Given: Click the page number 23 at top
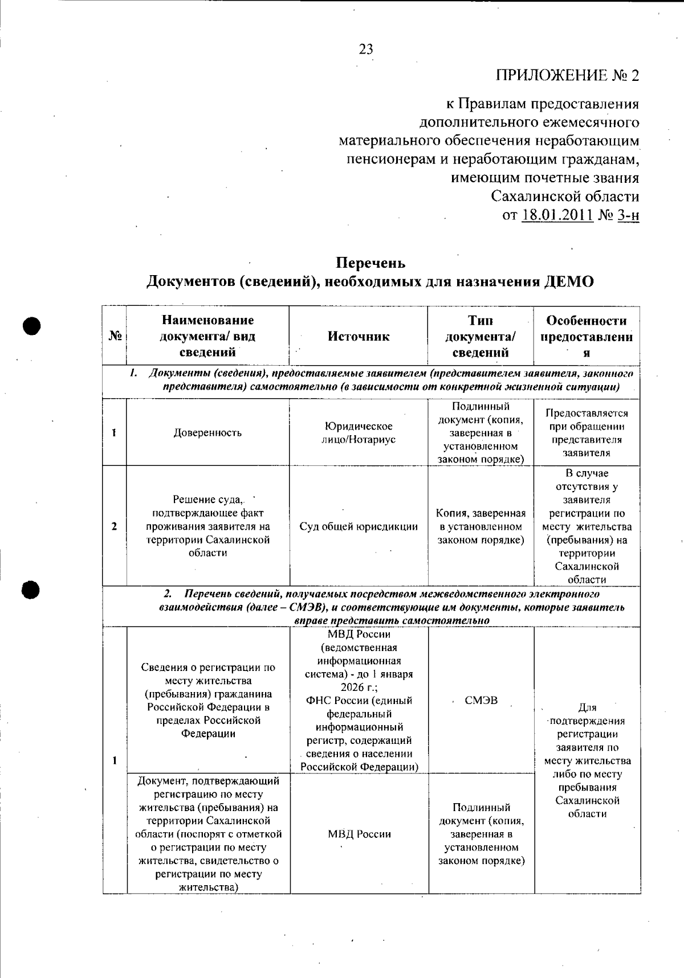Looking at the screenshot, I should (366, 50).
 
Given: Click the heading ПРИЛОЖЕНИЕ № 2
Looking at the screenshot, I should (567, 76).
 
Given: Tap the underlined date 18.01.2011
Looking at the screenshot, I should (557, 216).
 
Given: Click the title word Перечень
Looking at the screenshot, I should (370, 263).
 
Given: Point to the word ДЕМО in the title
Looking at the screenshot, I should (569, 282).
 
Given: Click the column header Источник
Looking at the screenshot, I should (359, 337).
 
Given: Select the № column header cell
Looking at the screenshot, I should (115, 337).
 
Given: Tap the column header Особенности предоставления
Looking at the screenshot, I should (587, 336).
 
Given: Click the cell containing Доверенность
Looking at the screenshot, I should (207, 433).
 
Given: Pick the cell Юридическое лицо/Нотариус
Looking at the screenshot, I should (359, 433).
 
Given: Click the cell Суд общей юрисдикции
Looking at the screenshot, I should (359, 527).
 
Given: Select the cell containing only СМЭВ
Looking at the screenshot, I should (481, 701).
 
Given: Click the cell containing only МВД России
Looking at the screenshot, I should (359, 834).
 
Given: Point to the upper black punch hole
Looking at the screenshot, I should (34, 325).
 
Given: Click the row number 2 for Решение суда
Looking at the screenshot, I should (115, 526).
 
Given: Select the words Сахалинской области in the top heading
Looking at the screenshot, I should (565, 197).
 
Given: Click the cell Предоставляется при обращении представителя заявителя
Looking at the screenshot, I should (587, 433).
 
